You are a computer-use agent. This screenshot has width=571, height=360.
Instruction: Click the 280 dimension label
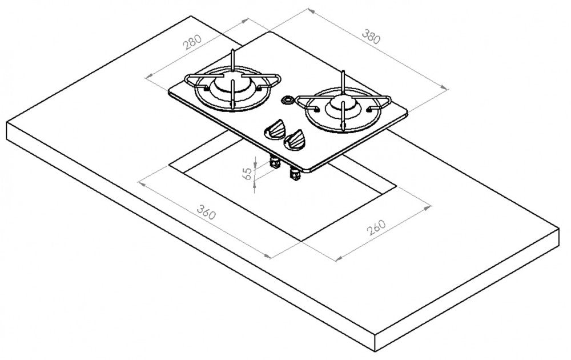[192, 42]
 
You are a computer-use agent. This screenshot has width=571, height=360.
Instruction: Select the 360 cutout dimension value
[207, 212]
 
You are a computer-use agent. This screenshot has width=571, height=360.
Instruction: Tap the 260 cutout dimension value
[376, 228]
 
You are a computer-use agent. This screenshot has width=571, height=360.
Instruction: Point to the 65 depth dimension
[247, 174]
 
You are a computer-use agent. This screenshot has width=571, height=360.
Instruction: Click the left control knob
[275, 129]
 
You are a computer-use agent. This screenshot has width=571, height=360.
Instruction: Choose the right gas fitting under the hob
[295, 174]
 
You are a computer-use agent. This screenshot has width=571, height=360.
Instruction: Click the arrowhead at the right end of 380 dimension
[445, 88]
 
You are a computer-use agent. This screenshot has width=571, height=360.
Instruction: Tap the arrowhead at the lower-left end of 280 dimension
[149, 76]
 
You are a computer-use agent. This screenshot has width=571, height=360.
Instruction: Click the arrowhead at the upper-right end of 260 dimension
[428, 207]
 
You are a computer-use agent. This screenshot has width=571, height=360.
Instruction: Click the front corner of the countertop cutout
[301, 240]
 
